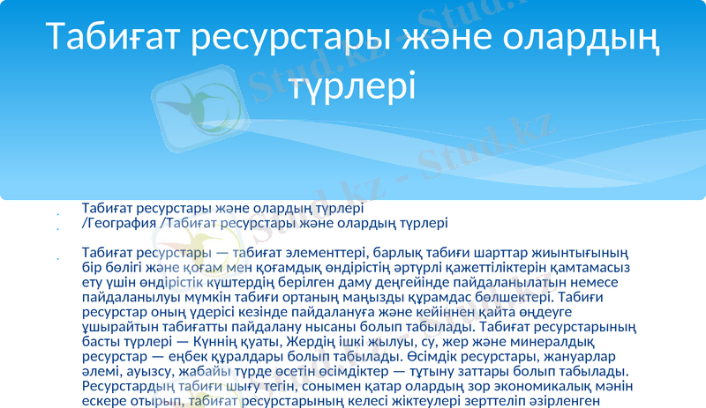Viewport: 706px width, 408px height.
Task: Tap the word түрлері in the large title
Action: click(354, 85)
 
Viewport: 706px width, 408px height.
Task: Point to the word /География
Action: click(120, 224)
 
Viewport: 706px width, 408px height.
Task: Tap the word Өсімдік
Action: click(439, 356)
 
